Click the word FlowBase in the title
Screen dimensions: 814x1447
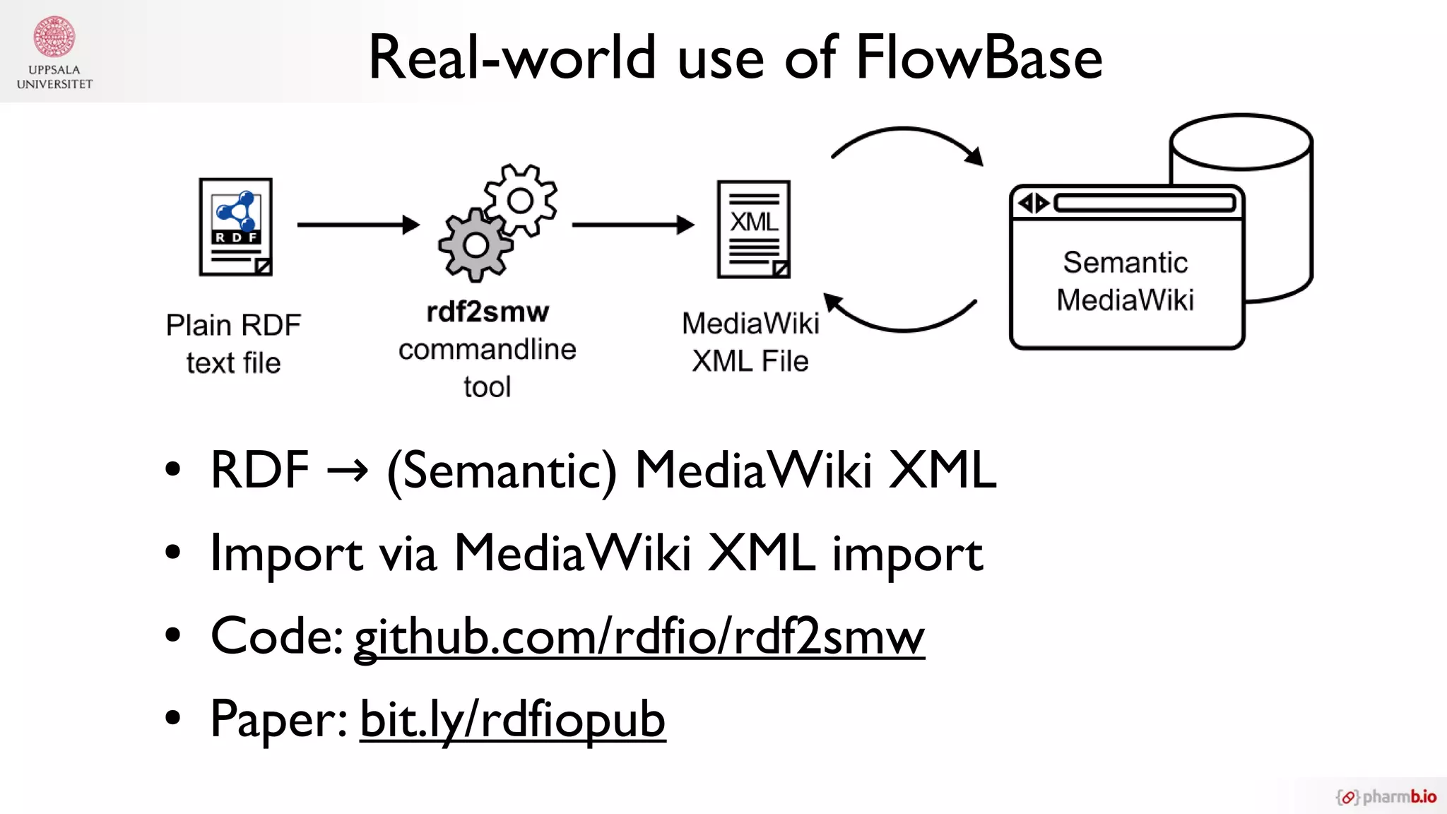(979, 58)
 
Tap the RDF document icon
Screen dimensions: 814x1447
(236, 227)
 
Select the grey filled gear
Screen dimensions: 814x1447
(475, 245)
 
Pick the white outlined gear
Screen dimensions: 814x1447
(521, 200)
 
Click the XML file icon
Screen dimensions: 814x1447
(754, 229)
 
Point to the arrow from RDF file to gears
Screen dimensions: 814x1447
(358, 225)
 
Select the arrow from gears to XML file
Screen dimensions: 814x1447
(632, 225)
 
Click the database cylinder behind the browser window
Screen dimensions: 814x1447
(1279, 212)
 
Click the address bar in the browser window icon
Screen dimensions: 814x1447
(1145, 203)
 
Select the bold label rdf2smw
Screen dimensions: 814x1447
(488, 312)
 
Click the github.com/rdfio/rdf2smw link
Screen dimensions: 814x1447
(639, 636)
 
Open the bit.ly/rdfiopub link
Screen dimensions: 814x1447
(512, 719)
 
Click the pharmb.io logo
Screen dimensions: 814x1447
(1386, 797)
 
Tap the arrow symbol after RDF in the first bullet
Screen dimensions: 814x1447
(348, 470)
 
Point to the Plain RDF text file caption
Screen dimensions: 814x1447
(233, 343)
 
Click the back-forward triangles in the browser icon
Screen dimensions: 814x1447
(1034, 203)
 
